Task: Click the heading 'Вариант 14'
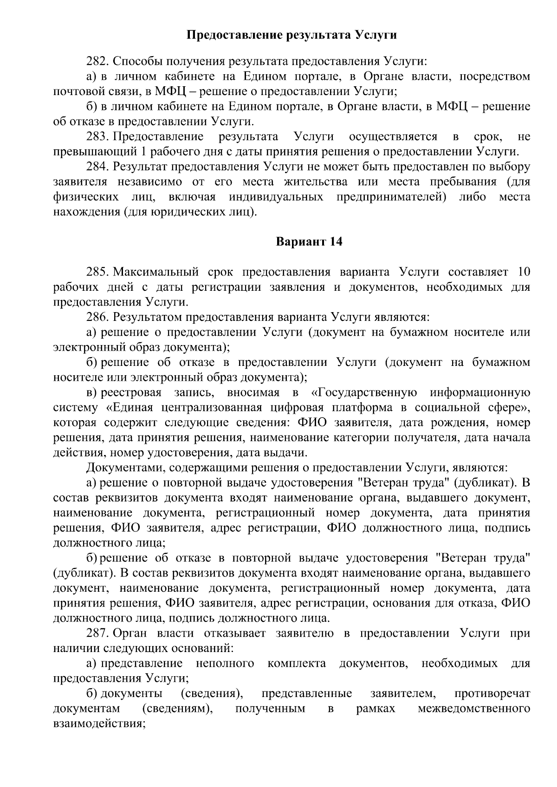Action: click(309, 242)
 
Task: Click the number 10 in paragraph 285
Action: click(523, 272)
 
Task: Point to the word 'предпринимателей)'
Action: click(391, 197)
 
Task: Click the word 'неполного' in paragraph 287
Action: click(225, 664)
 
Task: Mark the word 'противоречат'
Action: click(492, 694)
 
